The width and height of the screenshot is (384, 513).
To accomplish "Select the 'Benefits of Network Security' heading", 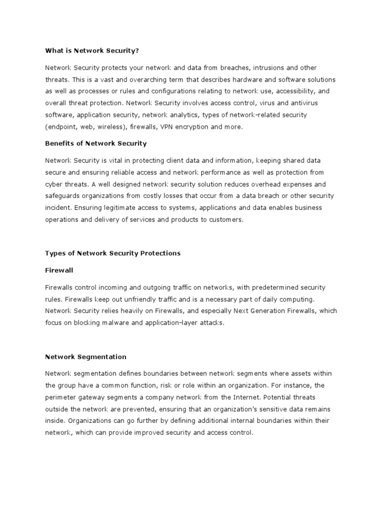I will click(96, 143).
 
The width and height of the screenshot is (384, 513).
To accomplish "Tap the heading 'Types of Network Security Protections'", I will click(112, 253).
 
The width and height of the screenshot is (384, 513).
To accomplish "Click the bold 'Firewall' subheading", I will click(59, 270).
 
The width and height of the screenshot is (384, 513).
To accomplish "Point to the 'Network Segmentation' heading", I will click(85, 357).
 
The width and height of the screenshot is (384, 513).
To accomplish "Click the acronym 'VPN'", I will click(167, 127).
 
